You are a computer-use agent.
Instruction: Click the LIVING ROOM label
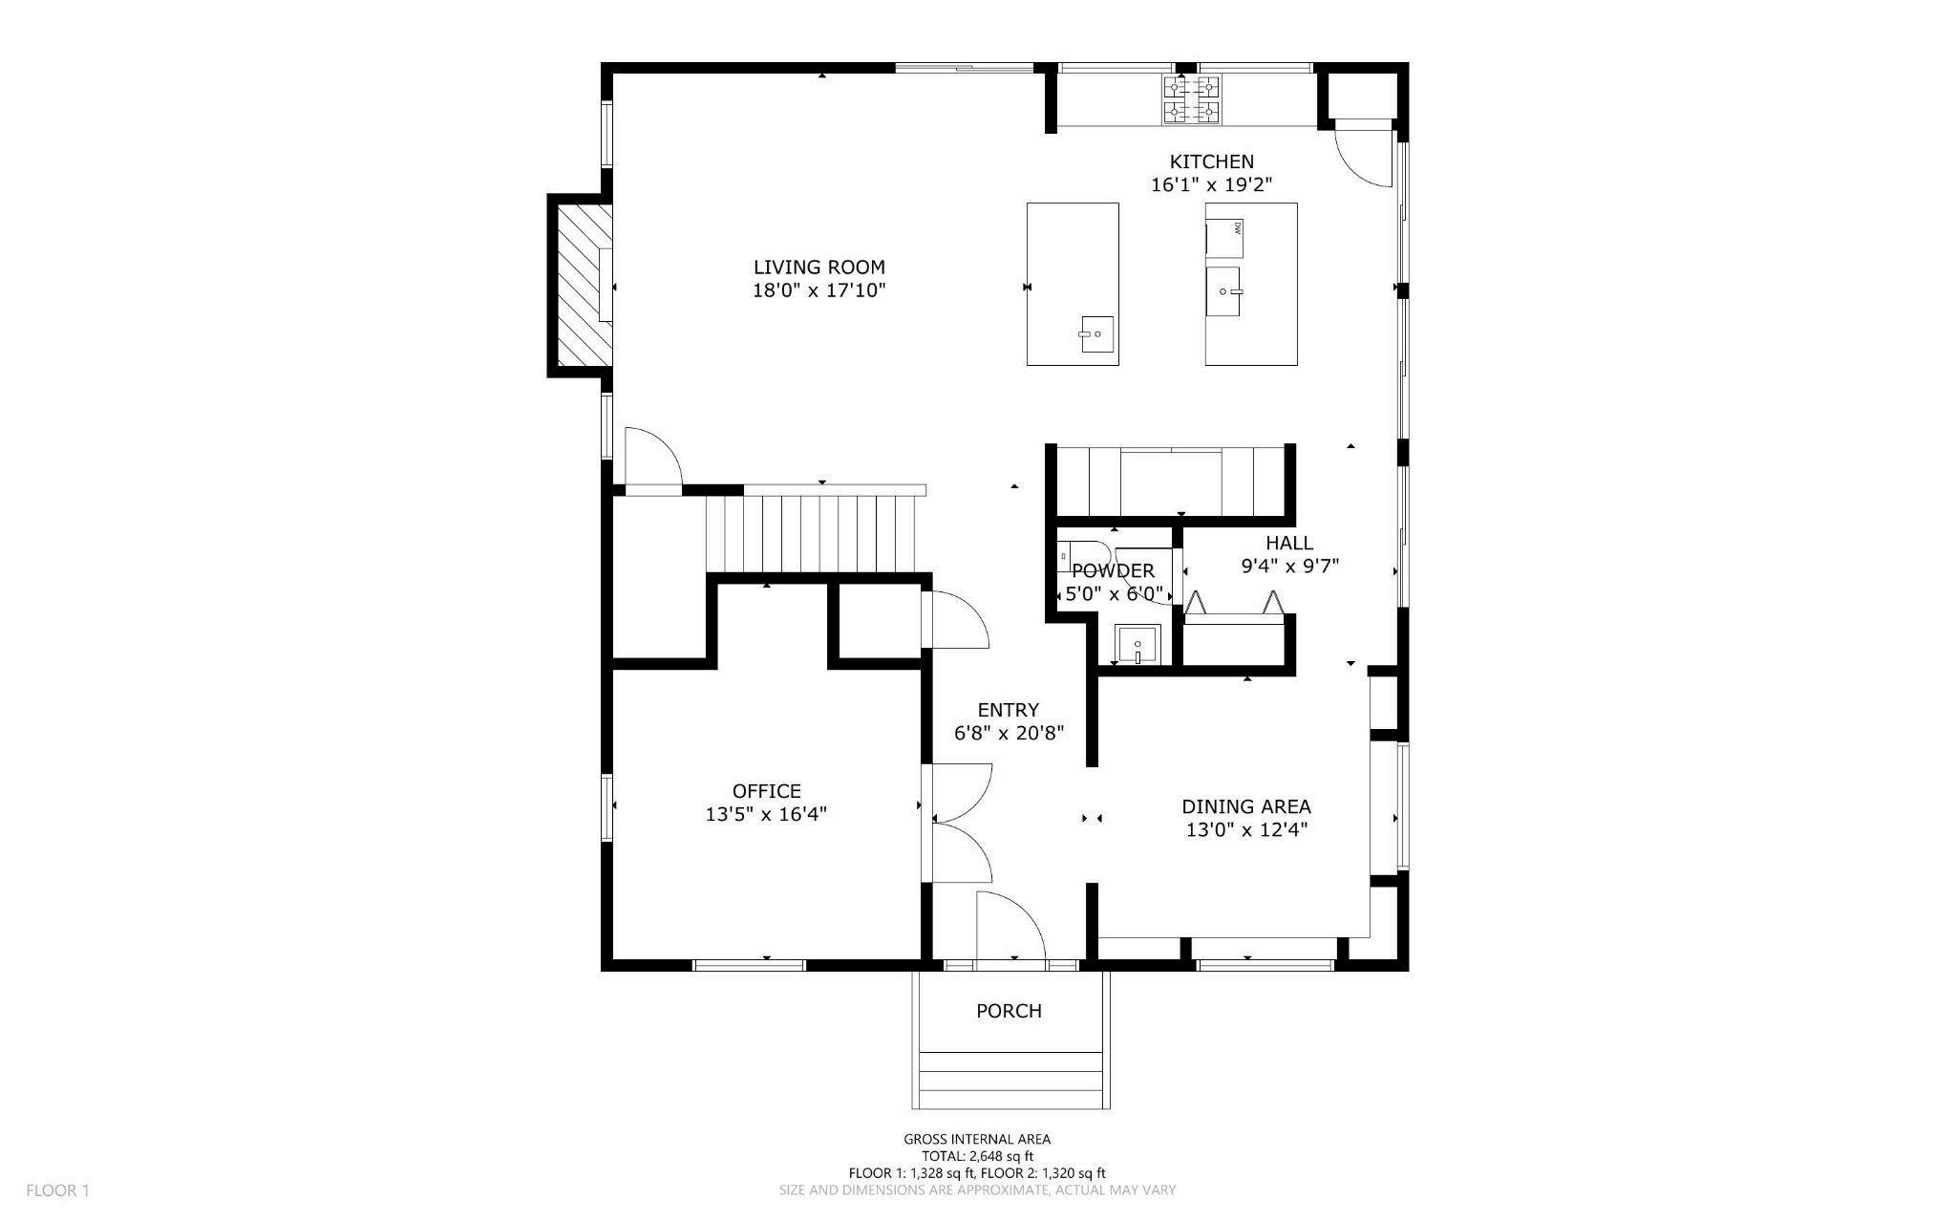tap(819, 268)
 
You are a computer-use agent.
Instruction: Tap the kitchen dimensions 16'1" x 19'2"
tap(1212, 185)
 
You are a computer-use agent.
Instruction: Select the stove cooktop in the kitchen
tap(1192, 100)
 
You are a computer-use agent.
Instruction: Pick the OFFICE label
tap(766, 791)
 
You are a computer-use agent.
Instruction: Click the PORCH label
tap(1009, 1011)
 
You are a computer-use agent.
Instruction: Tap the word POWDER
tap(1113, 571)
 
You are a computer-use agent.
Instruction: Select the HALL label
tap(1289, 543)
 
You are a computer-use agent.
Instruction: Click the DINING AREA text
tap(1246, 806)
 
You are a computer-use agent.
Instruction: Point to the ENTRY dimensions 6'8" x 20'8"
tap(1009, 734)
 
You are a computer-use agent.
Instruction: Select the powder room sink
tap(1137, 644)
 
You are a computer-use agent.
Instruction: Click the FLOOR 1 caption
tap(57, 1190)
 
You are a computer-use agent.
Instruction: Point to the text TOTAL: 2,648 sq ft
tap(977, 1156)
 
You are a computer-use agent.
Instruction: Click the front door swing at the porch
tap(1011, 925)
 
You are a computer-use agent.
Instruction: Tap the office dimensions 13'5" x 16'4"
tap(766, 814)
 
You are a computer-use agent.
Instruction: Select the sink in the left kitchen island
tap(1097, 334)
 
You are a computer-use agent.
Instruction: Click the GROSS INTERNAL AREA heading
tap(977, 1139)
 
